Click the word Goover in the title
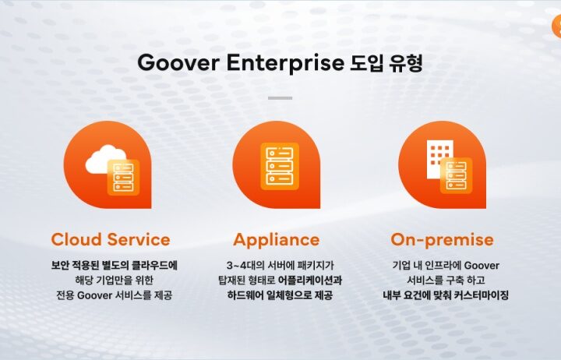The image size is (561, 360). click(x=178, y=62)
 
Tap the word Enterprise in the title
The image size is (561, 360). click(x=285, y=63)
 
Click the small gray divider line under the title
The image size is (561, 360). click(x=280, y=97)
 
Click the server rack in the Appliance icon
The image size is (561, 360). click(x=280, y=166)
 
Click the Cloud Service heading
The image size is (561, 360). click(x=111, y=239)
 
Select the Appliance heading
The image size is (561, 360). click(x=276, y=240)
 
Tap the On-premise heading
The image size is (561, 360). click(x=443, y=240)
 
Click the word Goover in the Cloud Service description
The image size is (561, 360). click(x=95, y=295)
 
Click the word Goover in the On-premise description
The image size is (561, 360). click(x=482, y=266)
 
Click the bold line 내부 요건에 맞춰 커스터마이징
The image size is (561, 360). click(x=446, y=295)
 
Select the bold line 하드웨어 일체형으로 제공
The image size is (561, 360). click(x=280, y=295)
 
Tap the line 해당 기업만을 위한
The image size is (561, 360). click(x=114, y=281)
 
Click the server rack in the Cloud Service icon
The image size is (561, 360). click(x=123, y=177)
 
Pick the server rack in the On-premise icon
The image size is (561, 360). click(x=456, y=175)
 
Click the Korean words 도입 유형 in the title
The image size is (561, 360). click(x=386, y=62)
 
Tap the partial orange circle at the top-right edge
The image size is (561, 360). click(x=556, y=26)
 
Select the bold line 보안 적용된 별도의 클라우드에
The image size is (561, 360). click(x=114, y=266)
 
